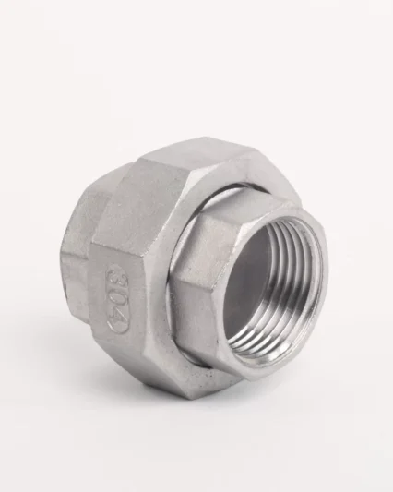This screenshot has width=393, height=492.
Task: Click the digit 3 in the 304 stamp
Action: coord(114,277)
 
